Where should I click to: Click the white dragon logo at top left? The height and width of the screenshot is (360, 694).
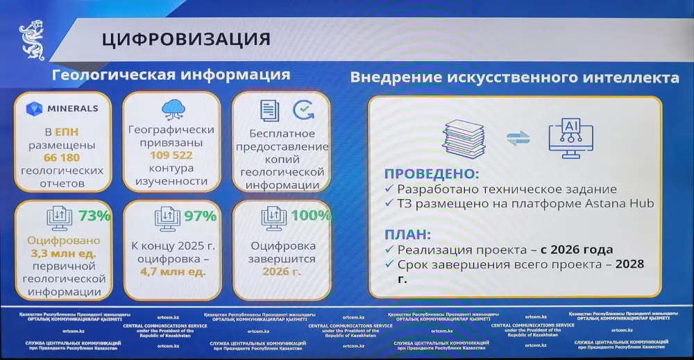tap(32, 41)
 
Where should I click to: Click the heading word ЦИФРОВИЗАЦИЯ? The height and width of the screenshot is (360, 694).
tap(186, 38)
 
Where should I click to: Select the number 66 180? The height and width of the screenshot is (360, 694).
tap(62, 158)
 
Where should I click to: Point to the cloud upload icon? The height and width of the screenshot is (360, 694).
tap(171, 108)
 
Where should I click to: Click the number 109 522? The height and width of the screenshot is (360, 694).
tap(171, 155)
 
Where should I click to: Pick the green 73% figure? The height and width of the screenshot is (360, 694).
tap(94, 215)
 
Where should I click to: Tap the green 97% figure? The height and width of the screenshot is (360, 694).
tap(201, 216)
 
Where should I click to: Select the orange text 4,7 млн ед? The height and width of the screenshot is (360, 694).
tap(171, 271)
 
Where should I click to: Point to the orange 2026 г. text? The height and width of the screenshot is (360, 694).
tap(281, 271)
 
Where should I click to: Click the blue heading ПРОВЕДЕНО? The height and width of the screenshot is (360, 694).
tap(432, 173)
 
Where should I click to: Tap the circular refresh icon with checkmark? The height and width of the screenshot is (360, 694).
tap(303, 110)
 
